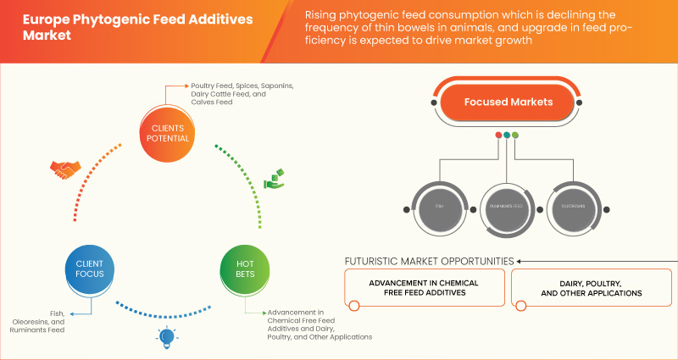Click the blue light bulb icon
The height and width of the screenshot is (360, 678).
pos(166,337)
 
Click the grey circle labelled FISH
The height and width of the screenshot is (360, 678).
pos(439,206)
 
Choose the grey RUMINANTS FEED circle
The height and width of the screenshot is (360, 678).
pos(507,206)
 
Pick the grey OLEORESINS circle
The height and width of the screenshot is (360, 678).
pos(575,206)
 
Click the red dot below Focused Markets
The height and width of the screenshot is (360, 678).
pos(498,135)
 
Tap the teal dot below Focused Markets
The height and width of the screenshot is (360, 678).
pos(507,135)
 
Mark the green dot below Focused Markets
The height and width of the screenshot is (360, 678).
pos(515,135)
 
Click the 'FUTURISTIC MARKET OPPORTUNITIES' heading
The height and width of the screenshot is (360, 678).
pos(430,261)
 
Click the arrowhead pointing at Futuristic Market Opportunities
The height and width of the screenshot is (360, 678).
pos(520,261)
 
